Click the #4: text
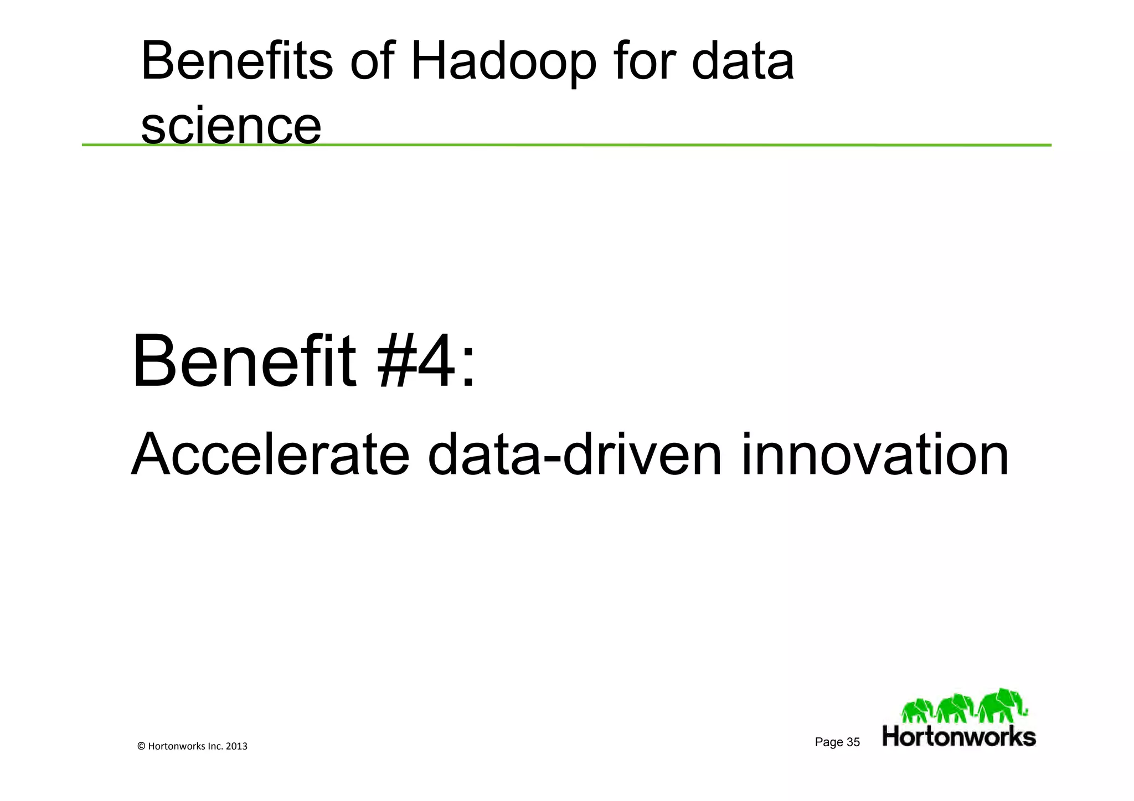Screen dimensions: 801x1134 425,363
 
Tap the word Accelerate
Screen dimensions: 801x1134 270,455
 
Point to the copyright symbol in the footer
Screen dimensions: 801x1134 141,746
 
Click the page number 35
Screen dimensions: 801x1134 853,742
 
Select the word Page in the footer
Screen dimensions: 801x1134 829,742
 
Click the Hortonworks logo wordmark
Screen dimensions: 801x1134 958,737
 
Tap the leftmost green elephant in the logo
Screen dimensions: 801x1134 917,710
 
